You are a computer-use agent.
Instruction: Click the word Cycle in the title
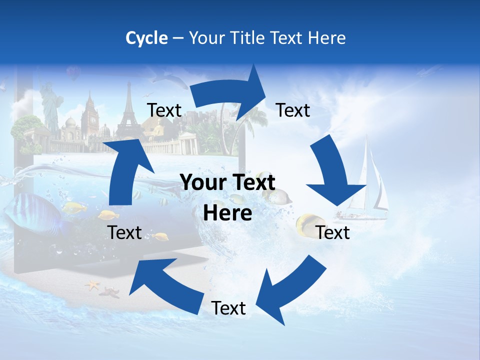[146, 38]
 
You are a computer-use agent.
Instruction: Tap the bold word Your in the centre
[202, 182]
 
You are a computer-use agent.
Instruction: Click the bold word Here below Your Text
[227, 213]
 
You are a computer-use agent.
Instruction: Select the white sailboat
[367, 185]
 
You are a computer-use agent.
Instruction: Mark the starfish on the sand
[92, 286]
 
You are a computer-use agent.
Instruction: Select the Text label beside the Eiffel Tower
[164, 110]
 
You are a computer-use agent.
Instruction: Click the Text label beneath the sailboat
[333, 232]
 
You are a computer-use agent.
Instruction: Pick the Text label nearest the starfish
[124, 232]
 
